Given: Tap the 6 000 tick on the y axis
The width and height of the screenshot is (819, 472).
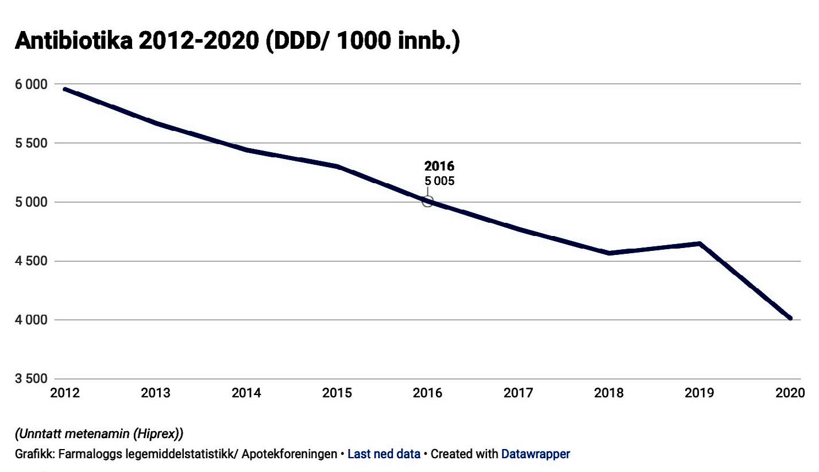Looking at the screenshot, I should [30, 84].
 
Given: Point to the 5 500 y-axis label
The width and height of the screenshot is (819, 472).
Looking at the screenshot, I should [30, 143].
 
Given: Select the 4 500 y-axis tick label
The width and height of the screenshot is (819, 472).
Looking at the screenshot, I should [30, 261].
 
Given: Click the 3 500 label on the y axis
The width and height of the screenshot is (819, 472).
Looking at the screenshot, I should [30, 379].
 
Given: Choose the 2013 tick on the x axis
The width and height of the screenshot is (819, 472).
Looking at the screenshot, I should [156, 393].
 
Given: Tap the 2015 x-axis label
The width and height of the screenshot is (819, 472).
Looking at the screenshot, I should [337, 393].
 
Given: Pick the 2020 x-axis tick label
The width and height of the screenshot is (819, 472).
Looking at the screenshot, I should [790, 393].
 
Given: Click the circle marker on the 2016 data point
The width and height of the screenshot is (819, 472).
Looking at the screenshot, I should [427, 202].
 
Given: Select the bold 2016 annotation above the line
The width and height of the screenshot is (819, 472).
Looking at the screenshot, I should [439, 167].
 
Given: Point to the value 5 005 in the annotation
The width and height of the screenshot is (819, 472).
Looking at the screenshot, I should [439, 181].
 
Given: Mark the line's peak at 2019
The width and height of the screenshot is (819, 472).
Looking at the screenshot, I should [700, 243].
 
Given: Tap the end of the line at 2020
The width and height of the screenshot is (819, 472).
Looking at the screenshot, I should [790, 318].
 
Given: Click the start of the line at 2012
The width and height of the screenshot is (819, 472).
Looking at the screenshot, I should [65, 90].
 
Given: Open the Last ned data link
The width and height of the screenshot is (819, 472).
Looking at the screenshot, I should [384, 454].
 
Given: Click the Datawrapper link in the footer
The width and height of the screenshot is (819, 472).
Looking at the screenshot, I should [535, 454].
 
